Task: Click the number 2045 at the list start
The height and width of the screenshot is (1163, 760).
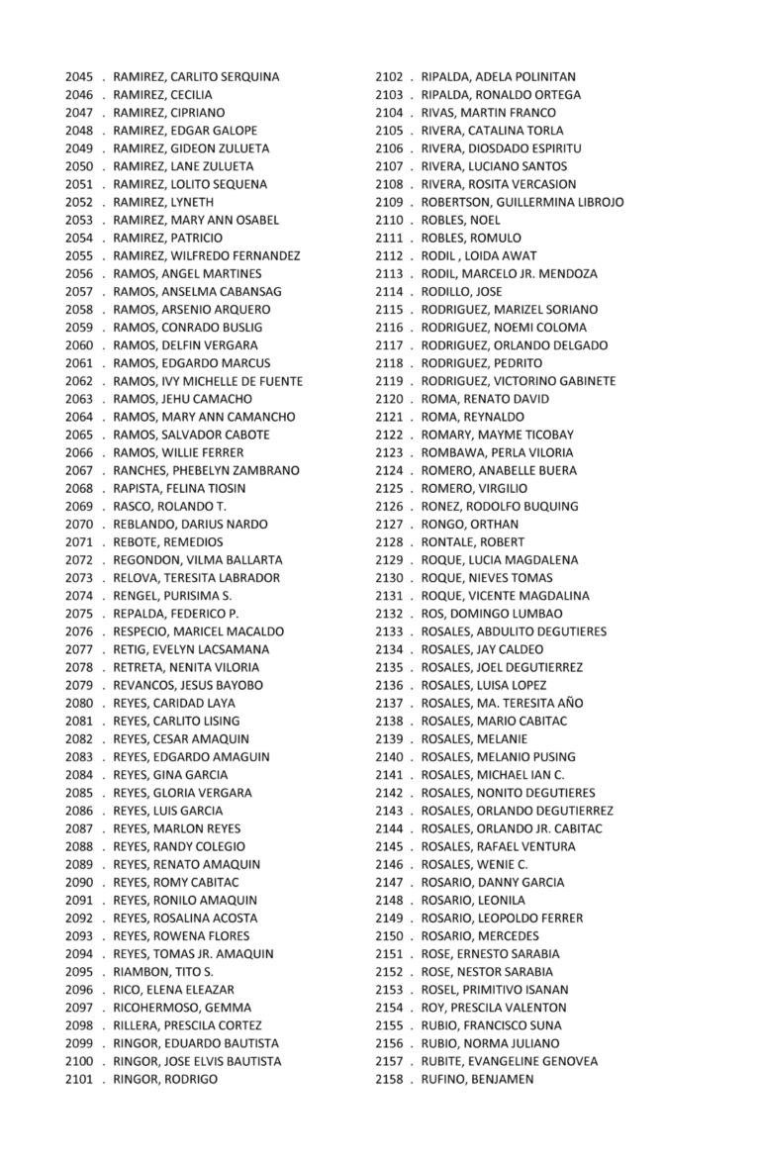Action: tap(79, 77)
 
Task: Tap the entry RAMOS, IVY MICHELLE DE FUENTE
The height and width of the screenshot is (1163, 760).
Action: tap(208, 381)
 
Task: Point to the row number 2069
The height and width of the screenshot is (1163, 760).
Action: tap(79, 507)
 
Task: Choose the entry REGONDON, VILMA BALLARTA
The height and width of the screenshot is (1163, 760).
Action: tap(198, 560)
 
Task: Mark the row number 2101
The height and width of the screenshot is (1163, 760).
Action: tap(79, 1079)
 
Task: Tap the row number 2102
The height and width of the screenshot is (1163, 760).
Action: tap(389, 77)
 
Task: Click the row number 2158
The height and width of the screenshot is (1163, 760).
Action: tap(389, 1079)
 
